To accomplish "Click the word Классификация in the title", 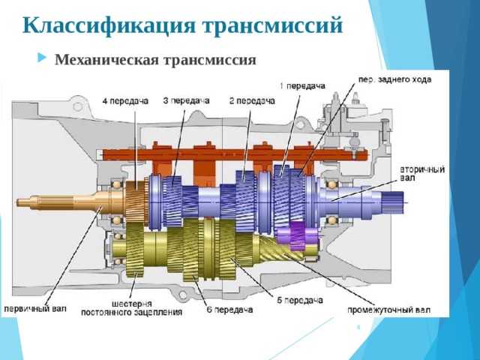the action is point(109,25).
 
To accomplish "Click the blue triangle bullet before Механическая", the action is point(42,58).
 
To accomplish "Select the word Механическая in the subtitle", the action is point(107,60).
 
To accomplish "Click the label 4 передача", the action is point(125,101).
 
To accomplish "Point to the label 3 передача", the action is point(186,100).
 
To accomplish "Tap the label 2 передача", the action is point(252,100).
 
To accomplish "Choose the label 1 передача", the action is point(302,86).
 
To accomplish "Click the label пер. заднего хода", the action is point(395,79).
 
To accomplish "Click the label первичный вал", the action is point(35,308).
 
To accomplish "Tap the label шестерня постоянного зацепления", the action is point(132,308).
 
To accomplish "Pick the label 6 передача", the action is point(230,310).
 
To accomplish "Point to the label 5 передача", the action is point(300,301).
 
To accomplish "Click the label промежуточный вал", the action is point(388,310).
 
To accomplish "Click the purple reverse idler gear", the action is point(298,235).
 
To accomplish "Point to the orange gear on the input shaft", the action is point(136,202).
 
